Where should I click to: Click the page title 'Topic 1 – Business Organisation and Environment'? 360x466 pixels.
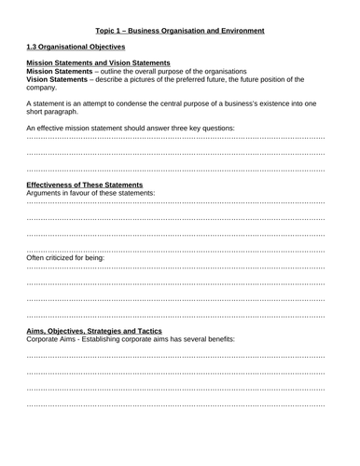point(180,30)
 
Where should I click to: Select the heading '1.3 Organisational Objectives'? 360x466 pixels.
point(76,47)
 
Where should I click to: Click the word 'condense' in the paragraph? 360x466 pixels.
point(137,103)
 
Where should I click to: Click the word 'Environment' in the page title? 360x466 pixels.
point(244,30)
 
